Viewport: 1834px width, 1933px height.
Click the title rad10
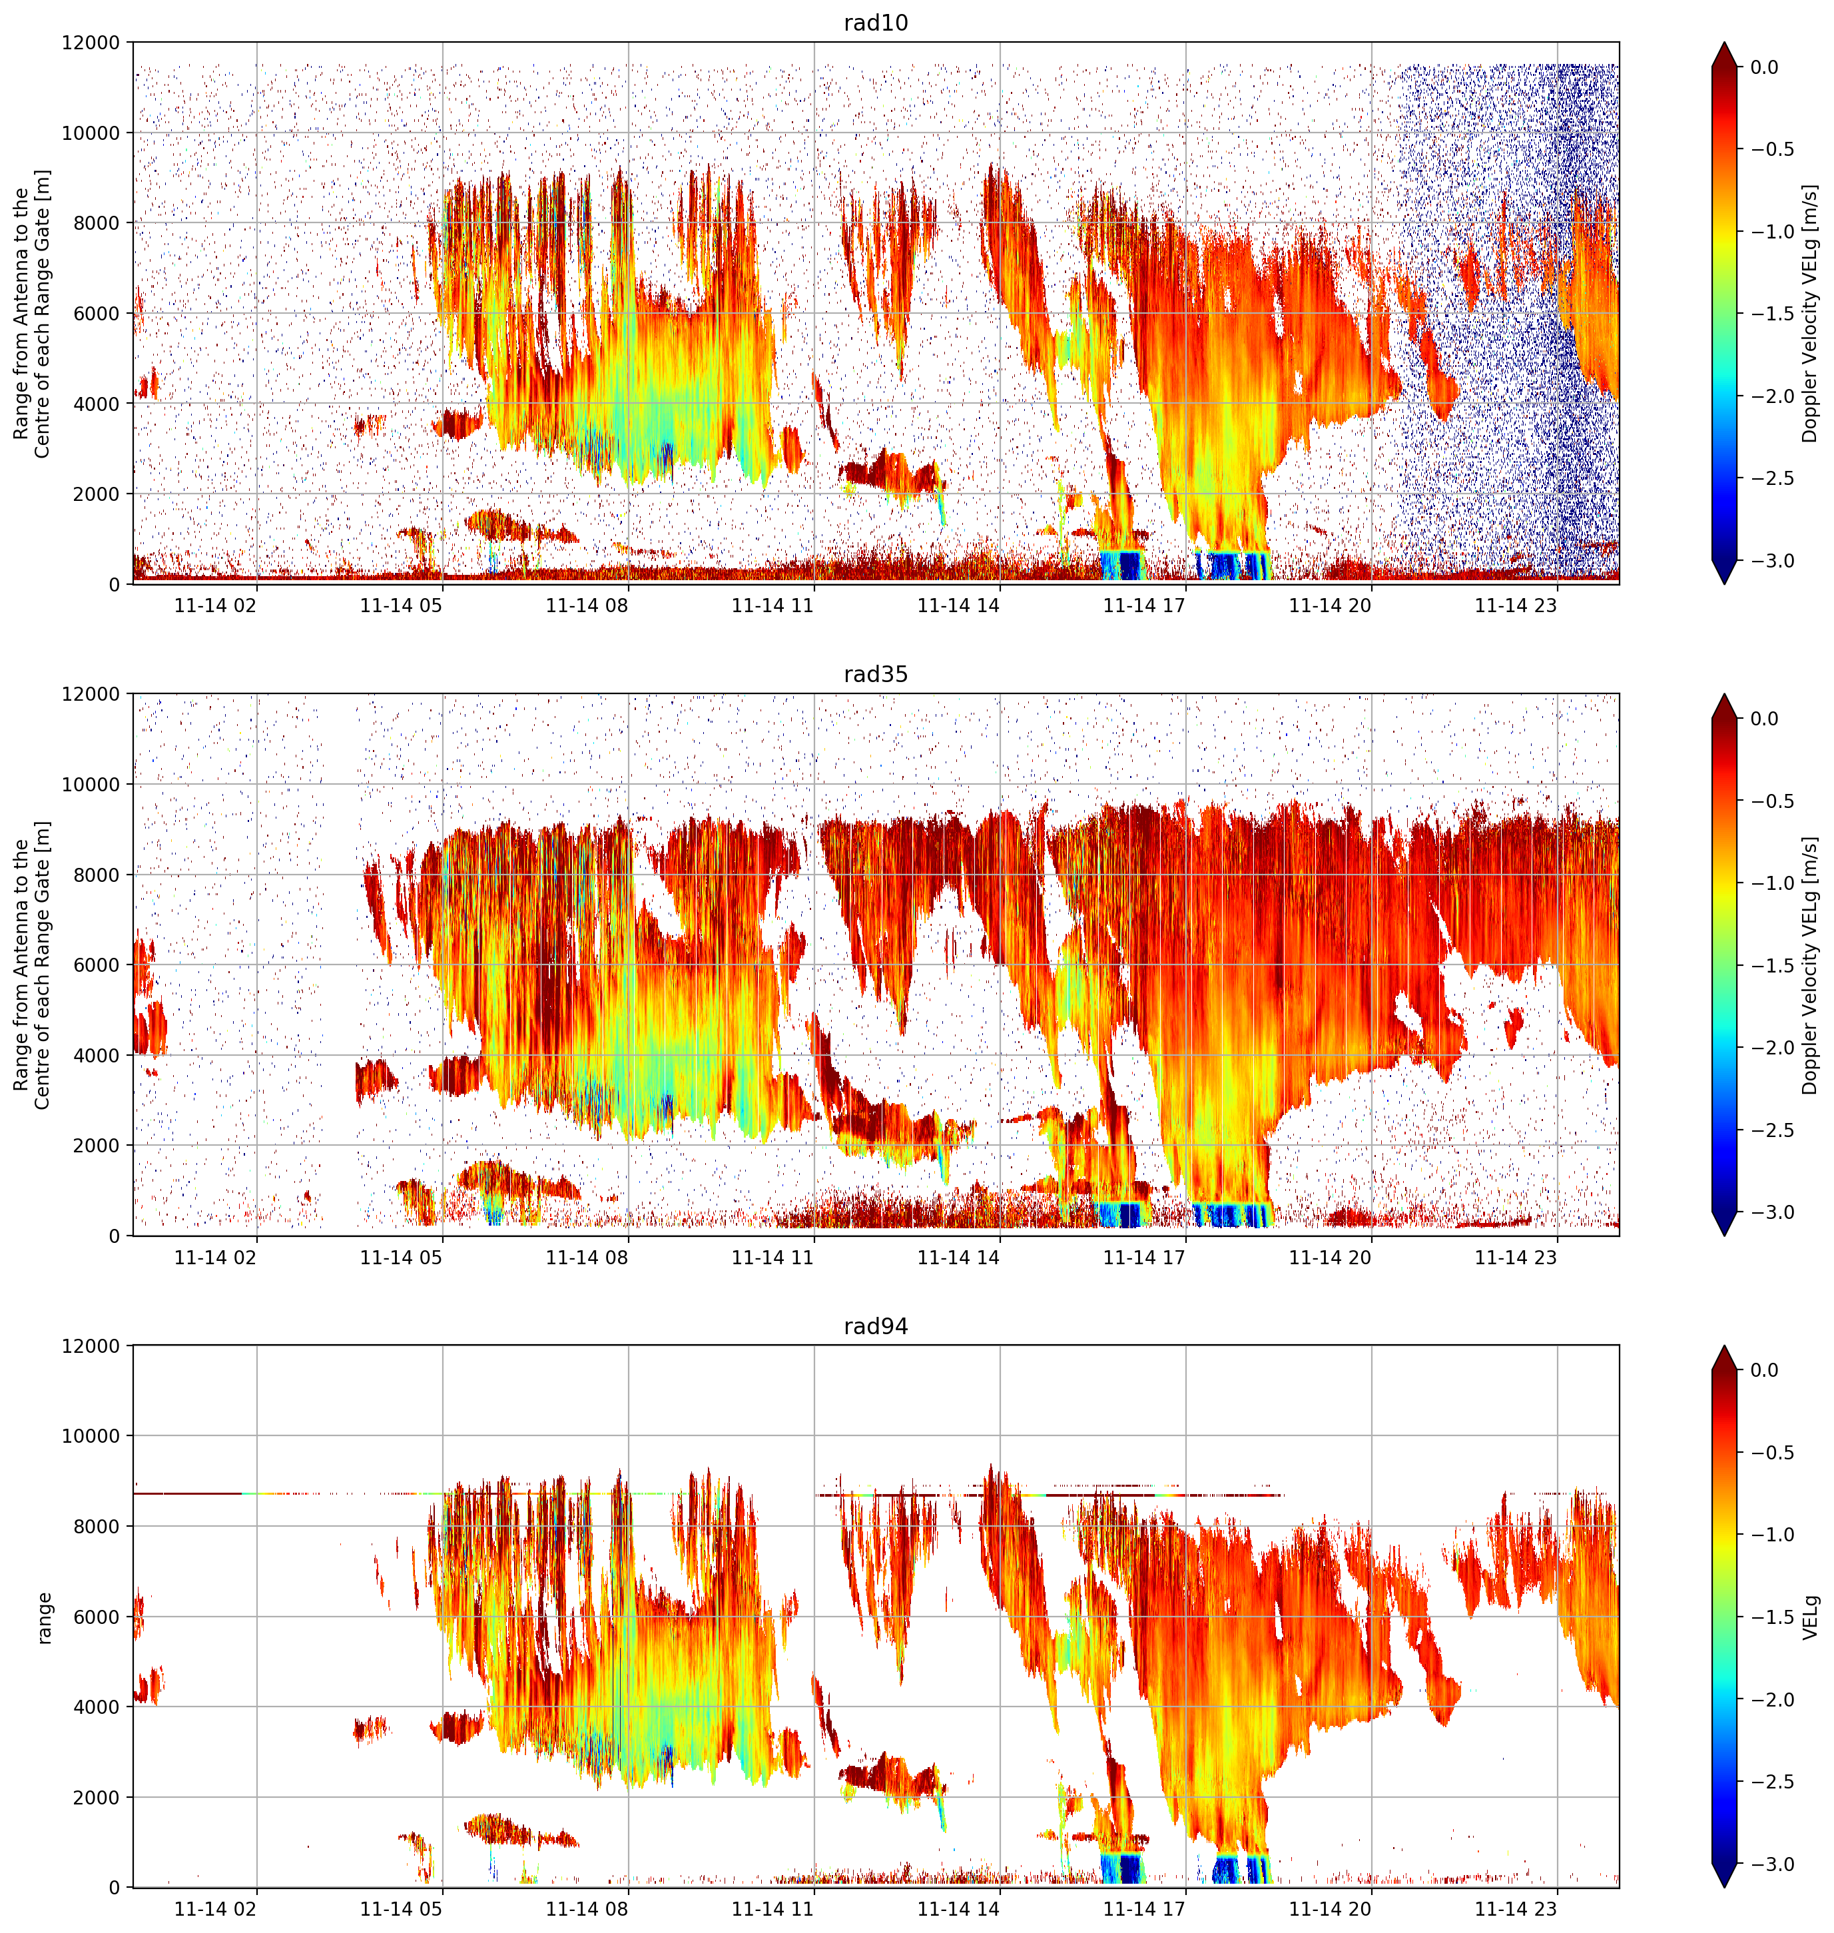click(x=875, y=23)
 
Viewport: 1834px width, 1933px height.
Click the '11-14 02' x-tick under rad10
click(x=215, y=606)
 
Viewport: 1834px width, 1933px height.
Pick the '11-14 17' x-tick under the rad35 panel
click(x=1144, y=1258)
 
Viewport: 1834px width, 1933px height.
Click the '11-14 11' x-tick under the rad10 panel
click(x=772, y=606)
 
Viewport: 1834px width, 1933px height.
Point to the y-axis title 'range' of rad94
click(x=44, y=1617)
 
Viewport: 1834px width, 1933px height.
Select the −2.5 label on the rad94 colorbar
click(x=1771, y=1781)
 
